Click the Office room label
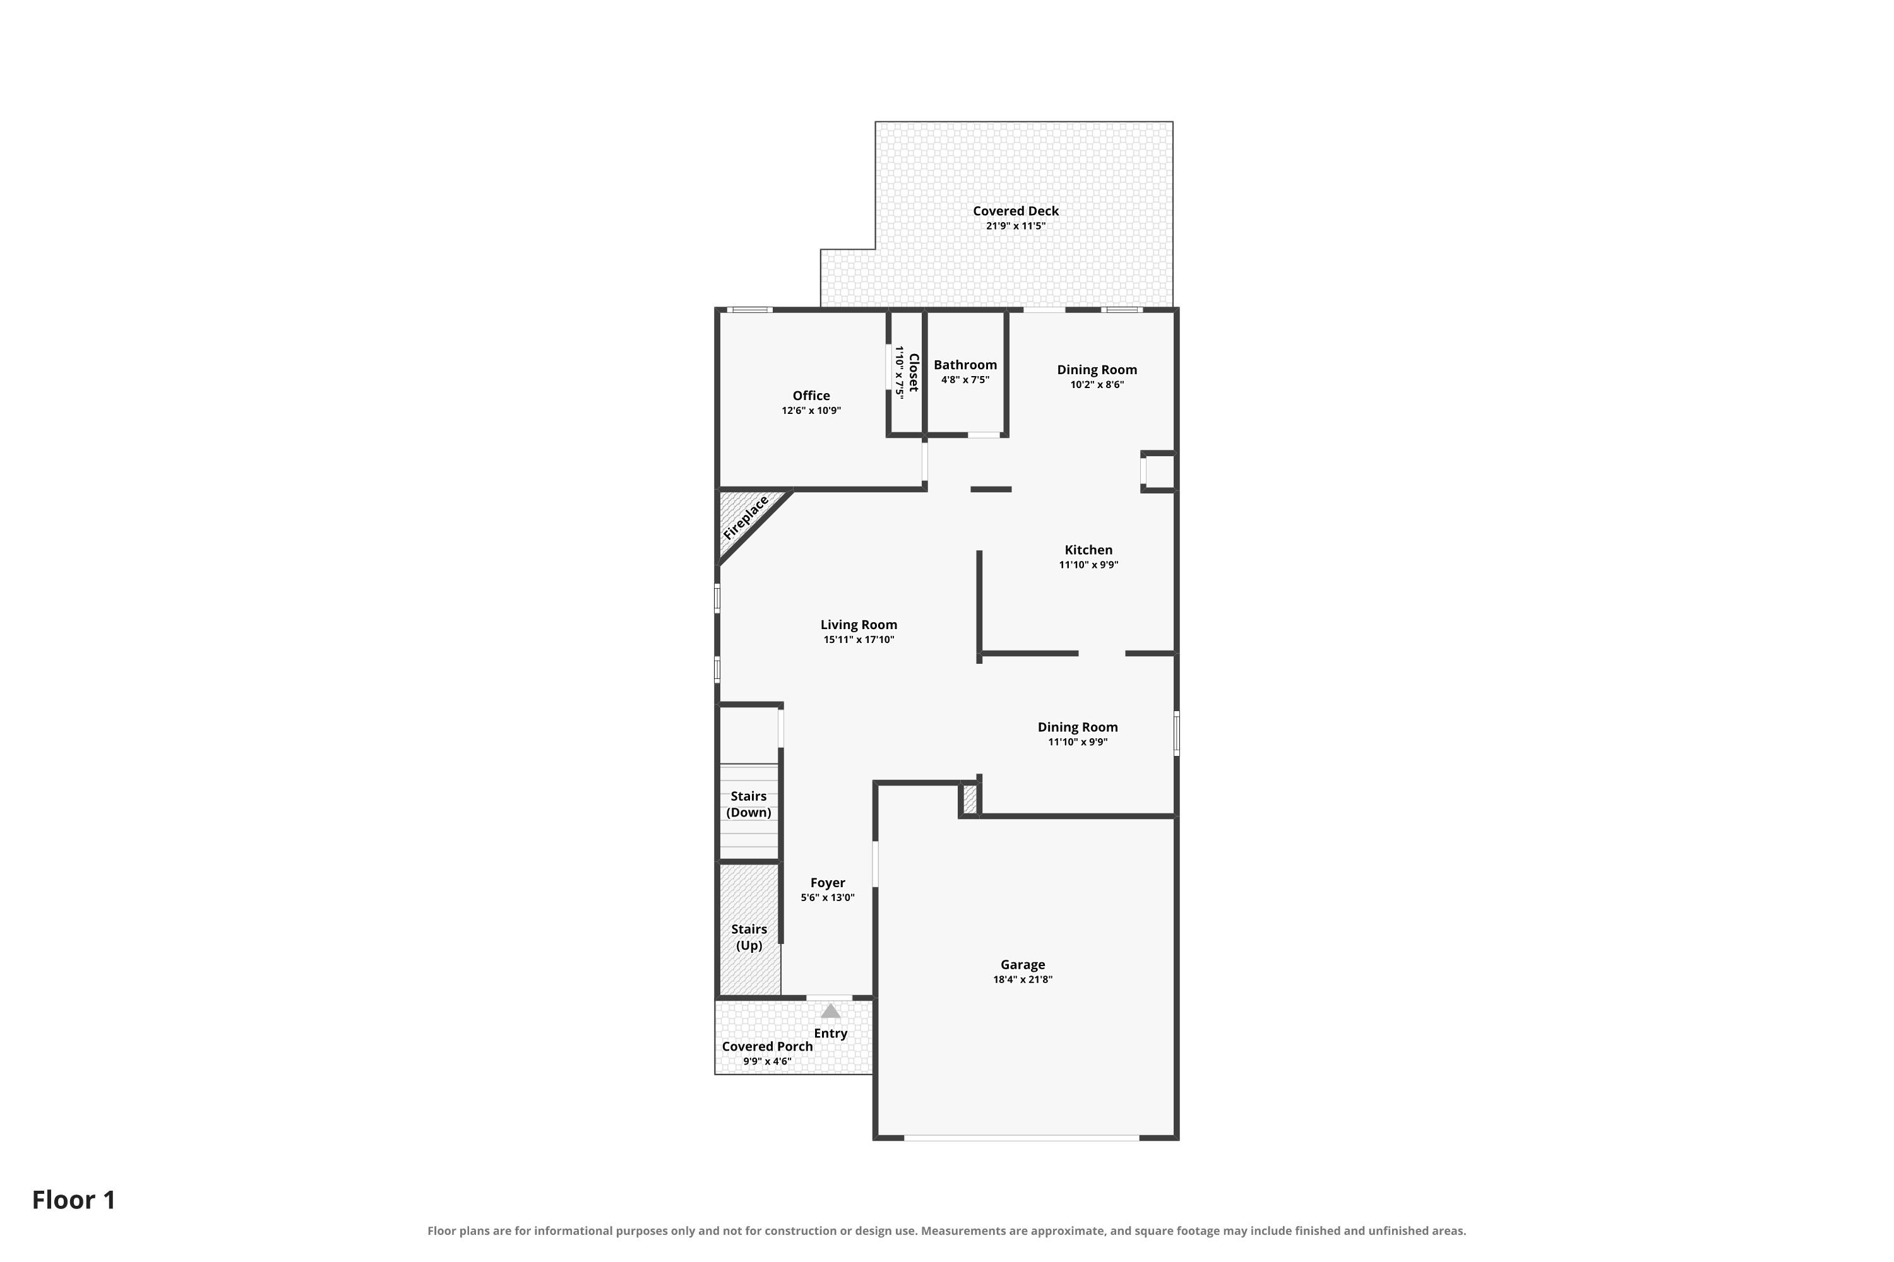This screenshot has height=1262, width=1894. click(811, 395)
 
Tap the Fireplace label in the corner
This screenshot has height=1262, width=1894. click(746, 518)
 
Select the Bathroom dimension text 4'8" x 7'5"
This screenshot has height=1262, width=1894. click(965, 380)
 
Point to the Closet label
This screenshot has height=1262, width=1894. click(913, 373)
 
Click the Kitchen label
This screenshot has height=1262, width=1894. click(1088, 550)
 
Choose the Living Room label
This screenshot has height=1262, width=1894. click(859, 625)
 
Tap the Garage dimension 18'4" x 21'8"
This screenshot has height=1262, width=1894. click(1023, 979)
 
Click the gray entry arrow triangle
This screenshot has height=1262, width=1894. click(830, 1011)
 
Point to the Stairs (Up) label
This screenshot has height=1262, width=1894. click(749, 937)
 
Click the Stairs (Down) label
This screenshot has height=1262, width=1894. click(749, 804)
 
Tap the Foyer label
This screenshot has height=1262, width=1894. click(828, 882)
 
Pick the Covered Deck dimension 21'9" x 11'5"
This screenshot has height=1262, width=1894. click(1015, 226)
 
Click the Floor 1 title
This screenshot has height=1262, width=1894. click(73, 1200)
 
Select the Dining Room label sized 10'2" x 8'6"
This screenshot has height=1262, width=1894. click(1097, 369)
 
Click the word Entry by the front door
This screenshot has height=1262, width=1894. click(830, 1034)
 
